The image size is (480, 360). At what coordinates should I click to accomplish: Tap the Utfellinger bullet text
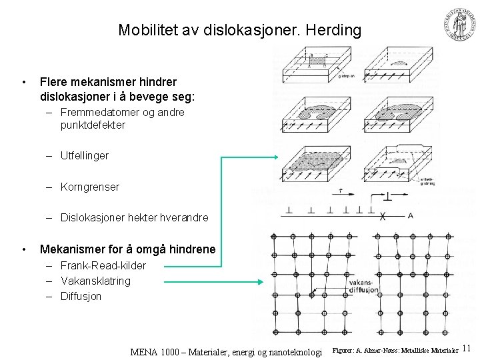[85, 156]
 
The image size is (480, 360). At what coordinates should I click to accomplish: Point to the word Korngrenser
[90, 187]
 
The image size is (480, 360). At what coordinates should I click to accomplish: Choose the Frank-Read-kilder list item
[103, 266]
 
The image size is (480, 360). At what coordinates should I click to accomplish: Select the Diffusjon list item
[81, 296]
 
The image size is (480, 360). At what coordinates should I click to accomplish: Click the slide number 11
[467, 348]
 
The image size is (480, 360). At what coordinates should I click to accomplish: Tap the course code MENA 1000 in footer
[157, 351]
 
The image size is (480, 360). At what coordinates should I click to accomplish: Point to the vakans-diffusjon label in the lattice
[364, 287]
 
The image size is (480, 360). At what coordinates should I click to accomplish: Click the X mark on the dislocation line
[383, 217]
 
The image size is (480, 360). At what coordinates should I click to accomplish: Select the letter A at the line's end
[410, 215]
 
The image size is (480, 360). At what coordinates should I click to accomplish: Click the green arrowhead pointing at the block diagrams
[275, 157]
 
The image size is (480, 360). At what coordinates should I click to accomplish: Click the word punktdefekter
[93, 125]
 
